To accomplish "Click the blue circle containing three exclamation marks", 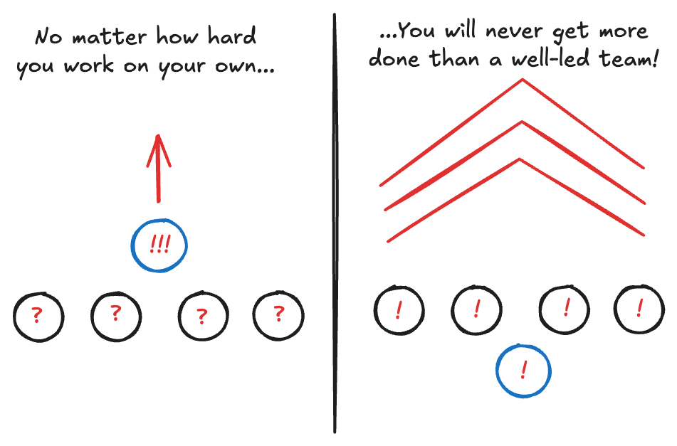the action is [159, 245].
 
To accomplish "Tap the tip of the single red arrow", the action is [159, 137].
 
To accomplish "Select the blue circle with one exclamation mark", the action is [523, 371].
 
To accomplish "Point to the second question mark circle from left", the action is [116, 314].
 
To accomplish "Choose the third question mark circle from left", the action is [203, 316].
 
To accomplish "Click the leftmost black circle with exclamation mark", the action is [399, 310].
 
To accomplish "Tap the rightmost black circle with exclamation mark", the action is [639, 309].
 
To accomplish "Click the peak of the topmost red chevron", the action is [523, 80].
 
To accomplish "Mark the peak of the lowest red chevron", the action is [521, 159].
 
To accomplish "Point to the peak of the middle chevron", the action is [523, 122].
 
